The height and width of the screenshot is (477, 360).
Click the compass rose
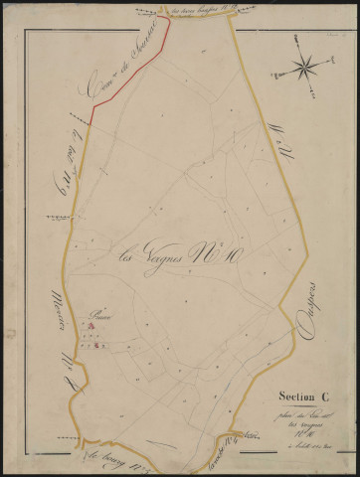coord(305,68)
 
